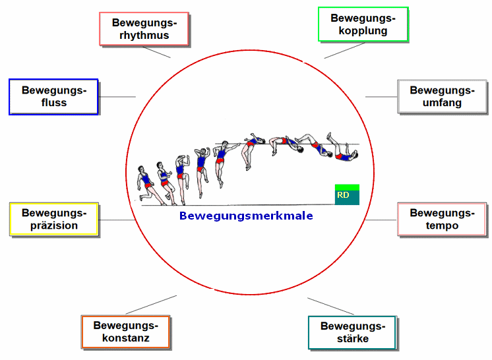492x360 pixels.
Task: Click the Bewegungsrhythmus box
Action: click(144, 29)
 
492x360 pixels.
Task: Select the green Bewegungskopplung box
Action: click(363, 24)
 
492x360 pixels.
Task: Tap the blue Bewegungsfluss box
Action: click(53, 97)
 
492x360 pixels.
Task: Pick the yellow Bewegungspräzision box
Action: click(53, 219)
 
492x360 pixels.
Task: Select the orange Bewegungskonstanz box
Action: click(125, 332)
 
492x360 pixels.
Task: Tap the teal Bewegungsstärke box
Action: click(352, 332)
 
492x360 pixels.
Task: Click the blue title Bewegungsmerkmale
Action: click(246, 216)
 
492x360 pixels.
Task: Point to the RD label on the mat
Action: click(343, 195)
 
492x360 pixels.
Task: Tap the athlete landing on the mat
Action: click(340, 150)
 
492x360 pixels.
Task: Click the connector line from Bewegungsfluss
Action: click(117, 97)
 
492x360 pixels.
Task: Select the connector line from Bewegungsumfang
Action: click(381, 97)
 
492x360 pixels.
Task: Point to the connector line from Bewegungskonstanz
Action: click(152, 304)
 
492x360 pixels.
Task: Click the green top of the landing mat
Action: click(347, 187)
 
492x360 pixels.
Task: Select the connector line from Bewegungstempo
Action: click(381, 220)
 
